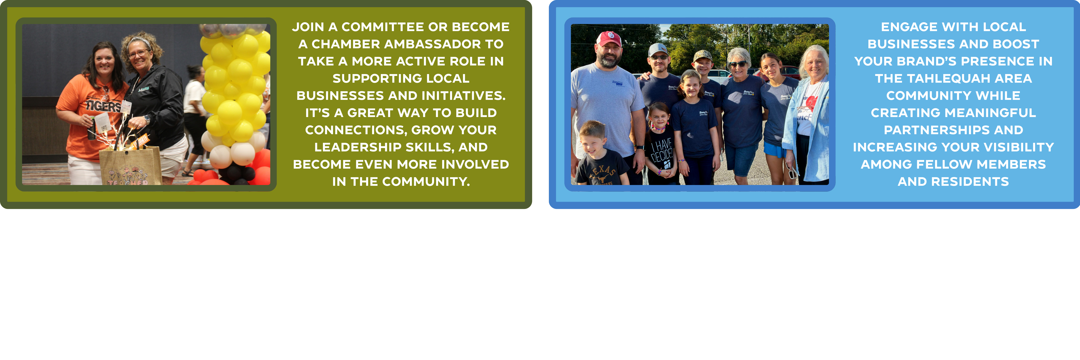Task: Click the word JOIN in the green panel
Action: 308,27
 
